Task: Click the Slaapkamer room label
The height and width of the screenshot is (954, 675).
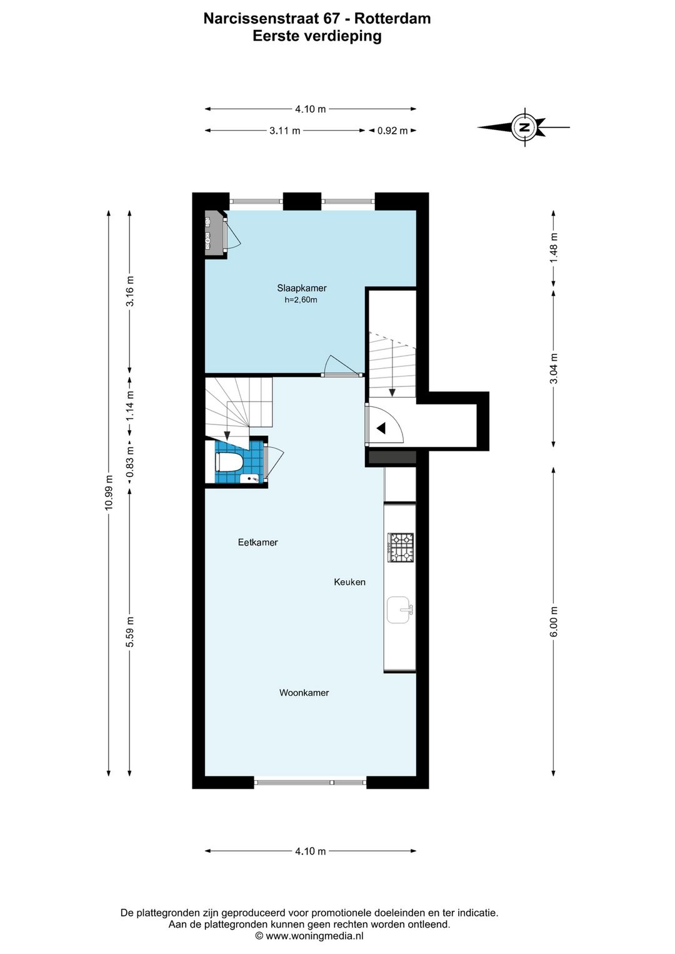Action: point(301,288)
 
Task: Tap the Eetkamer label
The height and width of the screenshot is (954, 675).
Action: point(257,542)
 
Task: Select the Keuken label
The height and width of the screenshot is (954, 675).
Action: point(349,582)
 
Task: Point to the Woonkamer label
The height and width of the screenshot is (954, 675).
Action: point(304,693)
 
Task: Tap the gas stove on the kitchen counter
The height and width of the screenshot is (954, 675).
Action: point(401,548)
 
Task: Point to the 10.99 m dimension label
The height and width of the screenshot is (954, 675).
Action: point(109,492)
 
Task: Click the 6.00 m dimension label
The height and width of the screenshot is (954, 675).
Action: point(553,621)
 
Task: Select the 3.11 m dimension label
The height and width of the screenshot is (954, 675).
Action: point(284,131)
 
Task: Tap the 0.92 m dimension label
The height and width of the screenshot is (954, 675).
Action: point(392,131)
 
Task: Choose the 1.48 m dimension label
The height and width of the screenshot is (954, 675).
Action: point(553,248)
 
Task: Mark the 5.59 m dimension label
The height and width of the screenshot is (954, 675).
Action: point(130,631)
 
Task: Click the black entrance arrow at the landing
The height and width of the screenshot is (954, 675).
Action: point(381,428)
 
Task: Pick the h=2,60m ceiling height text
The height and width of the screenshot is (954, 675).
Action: point(301,300)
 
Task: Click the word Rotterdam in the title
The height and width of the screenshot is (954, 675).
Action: point(392,19)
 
